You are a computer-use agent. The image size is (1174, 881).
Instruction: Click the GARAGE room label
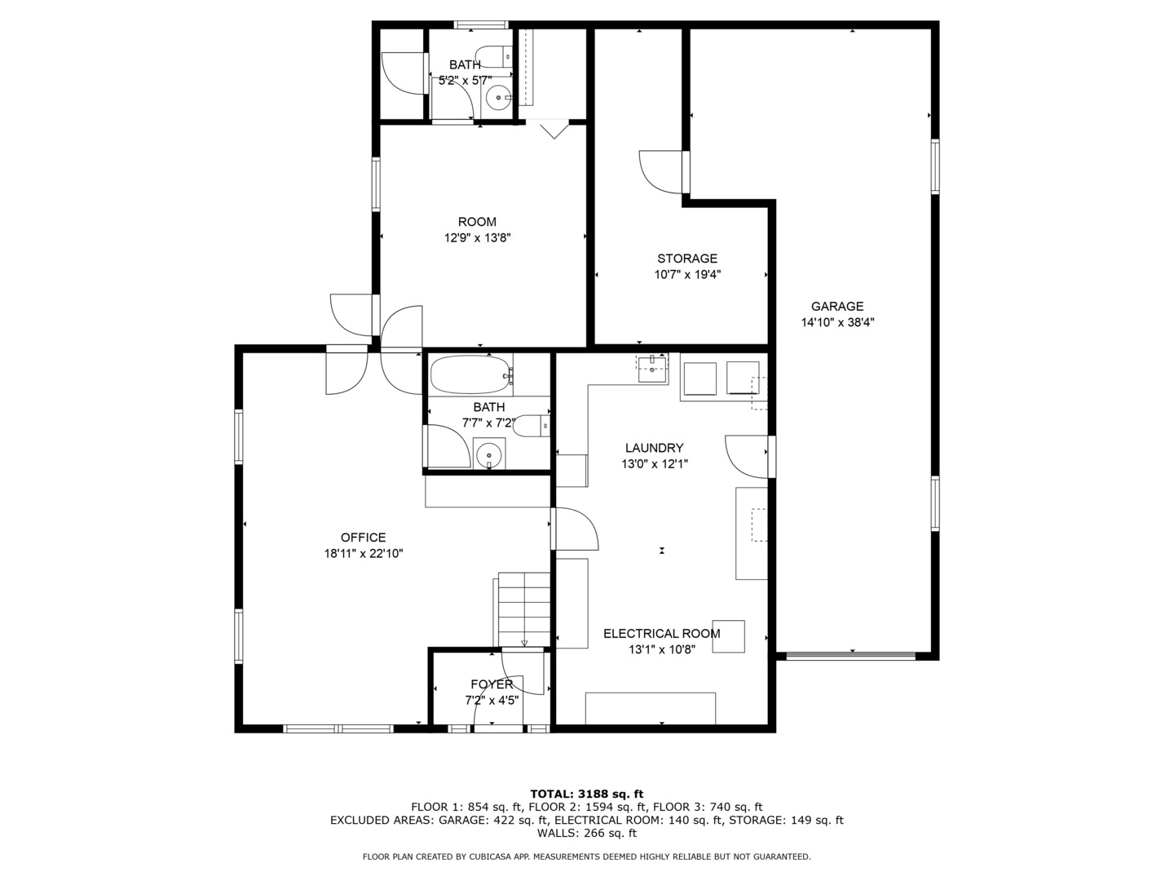(x=837, y=307)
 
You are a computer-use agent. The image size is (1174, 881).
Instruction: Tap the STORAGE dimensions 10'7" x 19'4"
(x=687, y=275)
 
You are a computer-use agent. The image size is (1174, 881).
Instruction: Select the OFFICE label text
(x=363, y=538)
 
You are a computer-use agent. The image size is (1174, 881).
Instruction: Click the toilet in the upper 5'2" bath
(x=494, y=56)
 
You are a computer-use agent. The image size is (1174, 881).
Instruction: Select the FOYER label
(x=492, y=684)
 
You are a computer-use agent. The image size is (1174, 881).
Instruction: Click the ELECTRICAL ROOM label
(x=662, y=634)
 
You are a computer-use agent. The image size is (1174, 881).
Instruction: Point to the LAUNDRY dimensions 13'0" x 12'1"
(x=655, y=464)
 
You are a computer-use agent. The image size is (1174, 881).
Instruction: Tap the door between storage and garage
(x=663, y=172)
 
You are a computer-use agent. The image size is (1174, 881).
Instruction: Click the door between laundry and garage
(x=748, y=456)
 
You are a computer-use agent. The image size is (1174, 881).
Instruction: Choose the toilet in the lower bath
(x=531, y=426)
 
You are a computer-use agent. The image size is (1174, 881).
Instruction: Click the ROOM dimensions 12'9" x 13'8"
(x=477, y=238)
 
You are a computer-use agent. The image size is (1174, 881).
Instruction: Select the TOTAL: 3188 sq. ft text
(x=587, y=794)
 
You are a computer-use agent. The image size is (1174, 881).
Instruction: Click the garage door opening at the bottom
(x=851, y=656)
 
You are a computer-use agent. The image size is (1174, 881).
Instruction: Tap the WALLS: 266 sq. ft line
(x=587, y=833)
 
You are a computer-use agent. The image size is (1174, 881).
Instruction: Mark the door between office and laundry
(x=575, y=529)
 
